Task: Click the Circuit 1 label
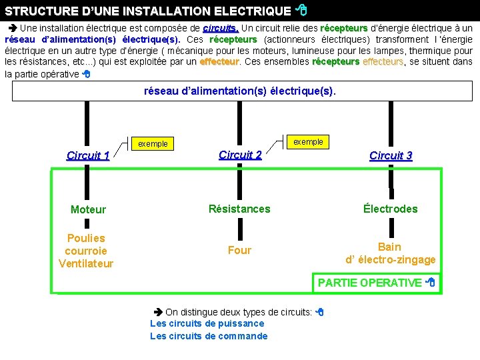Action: point(88,156)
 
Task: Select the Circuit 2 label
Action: point(240,155)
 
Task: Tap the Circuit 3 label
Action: point(391,155)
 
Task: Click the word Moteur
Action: point(88,209)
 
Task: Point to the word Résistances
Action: point(239,209)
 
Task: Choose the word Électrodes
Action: point(391,209)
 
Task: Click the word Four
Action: point(239,250)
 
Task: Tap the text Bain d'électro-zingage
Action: point(390,253)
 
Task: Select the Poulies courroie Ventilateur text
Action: point(86,251)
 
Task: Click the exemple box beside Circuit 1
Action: point(153,143)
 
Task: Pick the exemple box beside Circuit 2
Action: point(308,141)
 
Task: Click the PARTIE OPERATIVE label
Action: point(370,283)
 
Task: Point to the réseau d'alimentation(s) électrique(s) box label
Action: point(240,90)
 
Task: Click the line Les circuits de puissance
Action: point(207,323)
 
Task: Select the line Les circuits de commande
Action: point(209,336)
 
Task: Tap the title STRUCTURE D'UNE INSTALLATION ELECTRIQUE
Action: point(148,11)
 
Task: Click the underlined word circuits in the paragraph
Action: point(221,29)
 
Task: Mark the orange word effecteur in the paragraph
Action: point(219,61)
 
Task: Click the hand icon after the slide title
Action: point(301,10)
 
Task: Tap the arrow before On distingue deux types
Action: point(158,311)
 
